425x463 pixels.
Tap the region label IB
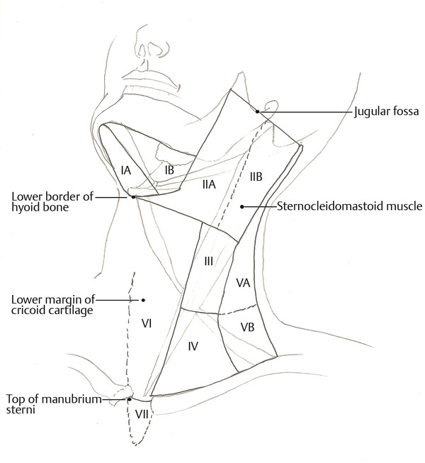[x=169, y=171]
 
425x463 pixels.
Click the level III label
[x=209, y=261]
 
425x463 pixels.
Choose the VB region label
[x=247, y=327]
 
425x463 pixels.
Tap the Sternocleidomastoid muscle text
[x=347, y=207]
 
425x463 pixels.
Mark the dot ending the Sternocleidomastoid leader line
[x=242, y=207]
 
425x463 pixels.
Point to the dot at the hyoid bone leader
[x=132, y=197]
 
